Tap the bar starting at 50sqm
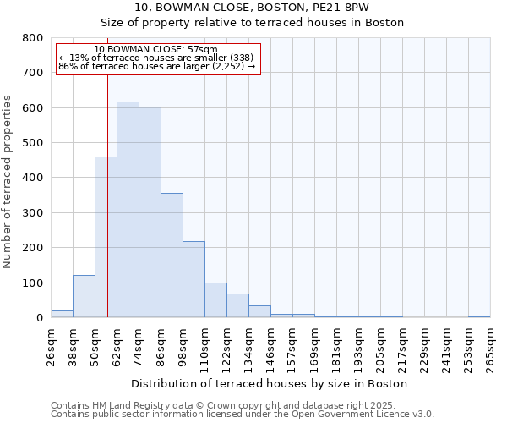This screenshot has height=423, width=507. pos(106,237)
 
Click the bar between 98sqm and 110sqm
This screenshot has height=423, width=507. pos(194,279)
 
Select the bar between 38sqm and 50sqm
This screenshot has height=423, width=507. pos(84,296)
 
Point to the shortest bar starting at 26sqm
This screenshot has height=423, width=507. pos(62,314)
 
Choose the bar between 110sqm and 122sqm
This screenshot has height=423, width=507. pos(215,300)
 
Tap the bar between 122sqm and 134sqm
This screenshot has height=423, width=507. pos(237,305)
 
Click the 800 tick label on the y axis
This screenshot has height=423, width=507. pos(33,38)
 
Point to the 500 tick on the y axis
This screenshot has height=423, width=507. pos(33,143)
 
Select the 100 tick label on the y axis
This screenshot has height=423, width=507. pos(33,283)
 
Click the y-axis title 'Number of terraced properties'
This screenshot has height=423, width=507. pos(8,181)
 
